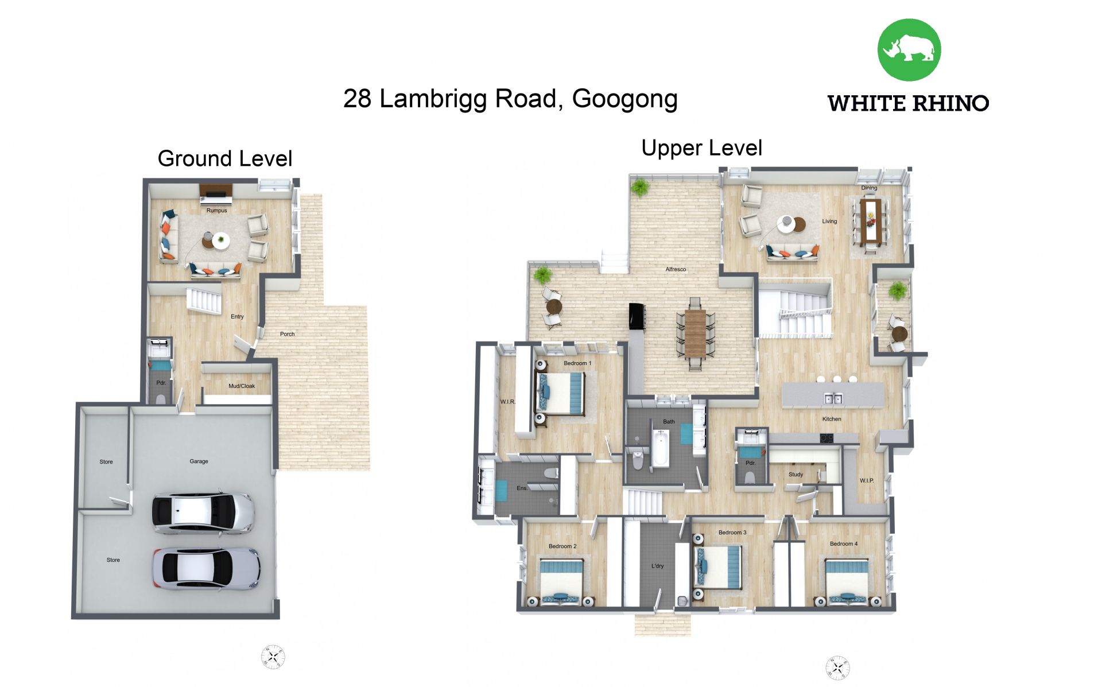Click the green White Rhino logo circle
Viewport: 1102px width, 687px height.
coord(909,50)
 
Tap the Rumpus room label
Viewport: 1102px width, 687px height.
coord(216,211)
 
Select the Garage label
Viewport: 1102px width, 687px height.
coord(199,461)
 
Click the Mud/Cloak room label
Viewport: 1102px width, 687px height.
coord(242,386)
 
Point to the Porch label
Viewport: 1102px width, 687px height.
coord(287,334)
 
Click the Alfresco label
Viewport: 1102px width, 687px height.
coord(676,269)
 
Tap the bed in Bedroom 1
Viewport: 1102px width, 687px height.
coord(560,393)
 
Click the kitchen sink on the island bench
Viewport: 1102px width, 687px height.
coord(833,398)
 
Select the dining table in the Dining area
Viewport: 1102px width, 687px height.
coord(870,221)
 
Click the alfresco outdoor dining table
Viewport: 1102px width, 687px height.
coord(694,333)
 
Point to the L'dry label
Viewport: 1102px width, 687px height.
coord(657,566)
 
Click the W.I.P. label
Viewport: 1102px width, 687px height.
coord(867,481)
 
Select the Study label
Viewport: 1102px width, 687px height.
coord(796,475)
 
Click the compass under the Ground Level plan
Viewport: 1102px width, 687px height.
coord(273,657)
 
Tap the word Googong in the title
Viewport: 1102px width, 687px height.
coord(625,99)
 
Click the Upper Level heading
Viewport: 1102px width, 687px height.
coord(701,148)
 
